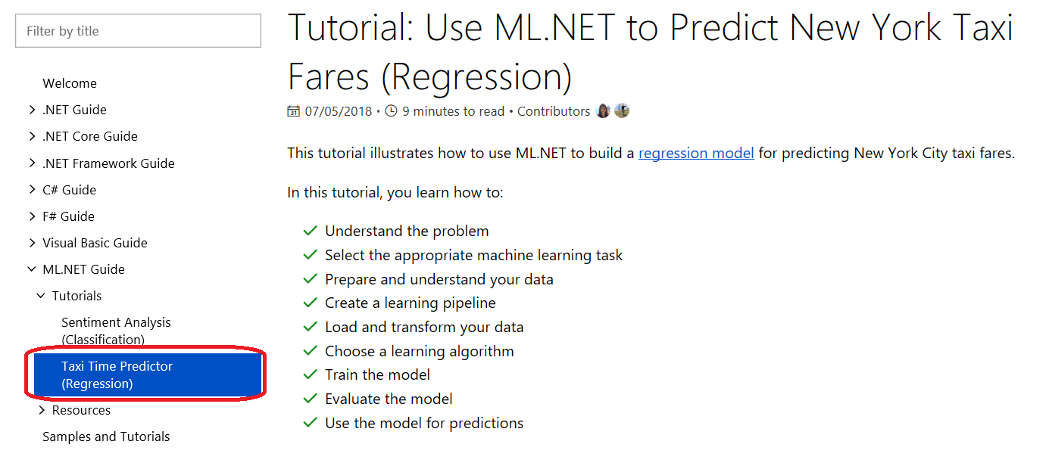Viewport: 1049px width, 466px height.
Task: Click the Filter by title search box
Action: pos(138,31)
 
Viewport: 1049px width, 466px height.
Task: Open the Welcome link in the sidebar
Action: pos(70,83)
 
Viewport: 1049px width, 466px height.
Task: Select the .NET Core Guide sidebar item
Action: pos(89,136)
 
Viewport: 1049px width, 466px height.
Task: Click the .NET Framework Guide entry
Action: pos(108,163)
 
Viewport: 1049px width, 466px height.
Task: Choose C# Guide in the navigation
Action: pos(69,190)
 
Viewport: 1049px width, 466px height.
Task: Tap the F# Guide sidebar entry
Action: pos(68,216)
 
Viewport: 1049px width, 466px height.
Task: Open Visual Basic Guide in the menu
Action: pos(95,243)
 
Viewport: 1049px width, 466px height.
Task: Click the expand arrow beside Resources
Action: pos(42,410)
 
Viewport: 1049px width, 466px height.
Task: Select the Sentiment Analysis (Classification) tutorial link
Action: pos(115,331)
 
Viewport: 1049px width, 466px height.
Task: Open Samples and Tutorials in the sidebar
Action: pos(106,436)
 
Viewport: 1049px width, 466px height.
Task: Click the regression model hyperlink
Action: pos(696,154)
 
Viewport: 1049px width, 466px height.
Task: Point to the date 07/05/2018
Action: pos(339,111)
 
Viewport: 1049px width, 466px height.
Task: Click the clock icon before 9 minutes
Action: pos(391,111)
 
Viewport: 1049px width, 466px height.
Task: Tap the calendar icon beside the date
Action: pos(294,111)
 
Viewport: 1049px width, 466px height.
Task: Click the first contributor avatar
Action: pos(603,111)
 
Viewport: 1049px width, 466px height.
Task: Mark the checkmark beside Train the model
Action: pos(310,374)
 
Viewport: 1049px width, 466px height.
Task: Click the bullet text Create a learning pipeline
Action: pos(411,303)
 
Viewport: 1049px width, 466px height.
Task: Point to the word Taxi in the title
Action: pos(979,29)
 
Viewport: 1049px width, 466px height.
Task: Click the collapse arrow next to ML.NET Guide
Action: pos(32,269)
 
